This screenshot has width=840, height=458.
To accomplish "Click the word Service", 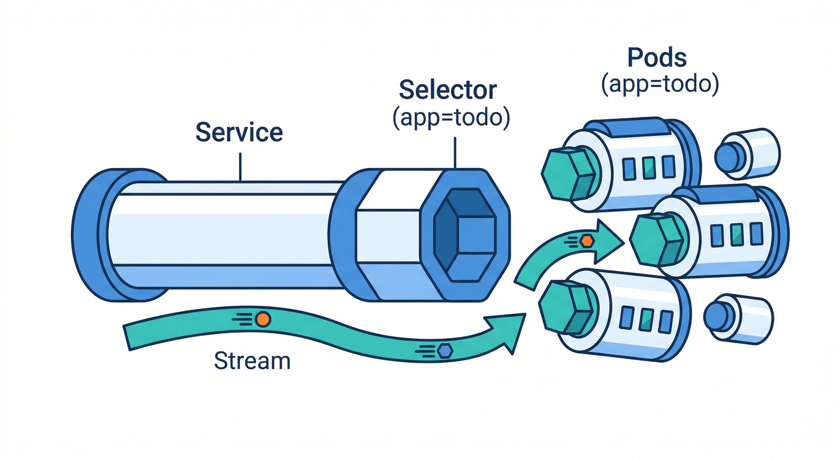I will click(x=239, y=132).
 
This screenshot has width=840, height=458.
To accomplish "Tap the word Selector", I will click(x=447, y=89).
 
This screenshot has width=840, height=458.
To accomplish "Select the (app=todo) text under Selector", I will click(x=451, y=118).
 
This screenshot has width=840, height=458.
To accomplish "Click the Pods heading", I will click(x=657, y=58).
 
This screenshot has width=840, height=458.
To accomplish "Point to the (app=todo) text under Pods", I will click(x=659, y=85).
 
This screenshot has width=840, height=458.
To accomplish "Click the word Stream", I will click(x=252, y=360).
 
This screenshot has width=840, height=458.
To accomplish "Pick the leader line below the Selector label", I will click(x=455, y=153).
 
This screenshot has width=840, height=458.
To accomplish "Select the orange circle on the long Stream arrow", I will click(x=262, y=320).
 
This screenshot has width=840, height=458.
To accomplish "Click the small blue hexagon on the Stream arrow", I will click(x=443, y=351).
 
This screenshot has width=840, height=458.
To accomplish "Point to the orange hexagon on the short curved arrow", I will click(x=587, y=240).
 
